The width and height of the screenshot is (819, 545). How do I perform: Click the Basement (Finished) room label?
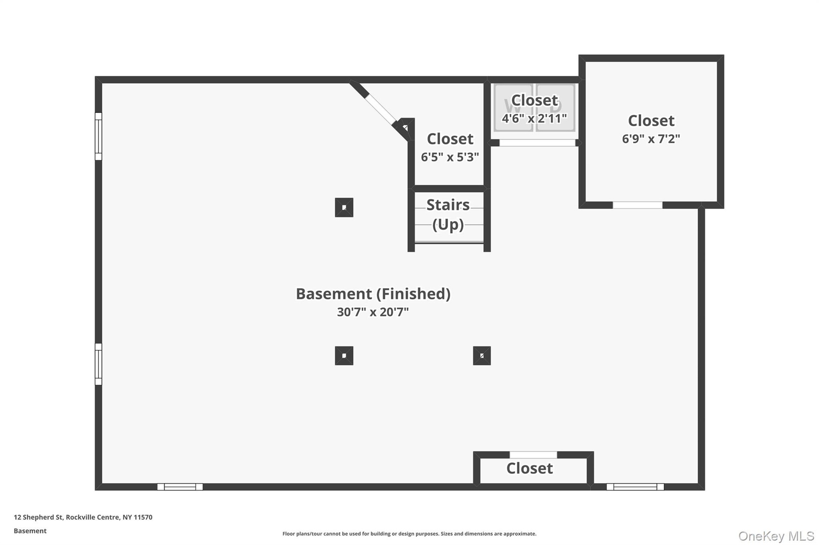pyautogui.click(x=373, y=294)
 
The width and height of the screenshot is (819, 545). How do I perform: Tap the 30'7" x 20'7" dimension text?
pyautogui.click(x=373, y=312)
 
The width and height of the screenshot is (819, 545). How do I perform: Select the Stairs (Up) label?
pyautogui.click(x=448, y=214)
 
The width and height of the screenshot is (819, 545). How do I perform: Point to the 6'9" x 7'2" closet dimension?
pyautogui.click(x=651, y=139)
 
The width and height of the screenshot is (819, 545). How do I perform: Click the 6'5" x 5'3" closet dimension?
pyautogui.click(x=450, y=157)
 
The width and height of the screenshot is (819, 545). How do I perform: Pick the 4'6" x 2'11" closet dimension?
pyautogui.click(x=534, y=118)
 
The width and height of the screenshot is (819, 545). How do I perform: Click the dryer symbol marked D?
pyautogui.click(x=555, y=107)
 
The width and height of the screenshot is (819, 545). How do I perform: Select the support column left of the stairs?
pyautogui.click(x=344, y=208)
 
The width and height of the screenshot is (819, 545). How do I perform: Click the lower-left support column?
pyautogui.click(x=344, y=355)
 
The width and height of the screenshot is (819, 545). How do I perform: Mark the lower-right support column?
pyautogui.click(x=482, y=355)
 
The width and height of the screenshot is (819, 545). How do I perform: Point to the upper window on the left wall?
pyautogui.click(x=99, y=136)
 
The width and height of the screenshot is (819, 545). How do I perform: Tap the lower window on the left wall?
pyautogui.click(x=99, y=364)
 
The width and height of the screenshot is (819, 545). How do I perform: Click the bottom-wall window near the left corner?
pyautogui.click(x=180, y=487)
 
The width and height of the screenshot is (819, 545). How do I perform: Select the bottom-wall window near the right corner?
pyautogui.click(x=635, y=487)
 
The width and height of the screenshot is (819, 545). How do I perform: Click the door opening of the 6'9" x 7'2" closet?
pyautogui.click(x=637, y=205)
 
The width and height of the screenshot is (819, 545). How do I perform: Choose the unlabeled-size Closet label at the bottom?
pyautogui.click(x=529, y=469)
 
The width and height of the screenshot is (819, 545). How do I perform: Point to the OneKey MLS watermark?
pyautogui.click(x=776, y=536)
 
